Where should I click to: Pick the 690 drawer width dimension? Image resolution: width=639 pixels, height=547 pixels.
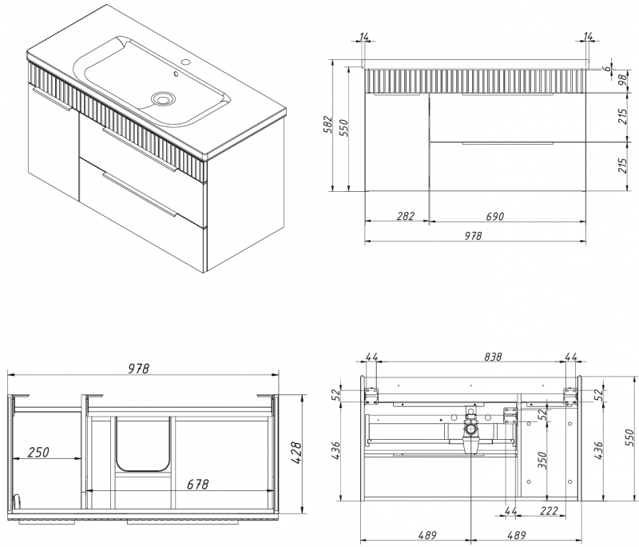pyautogui.click(x=494, y=217)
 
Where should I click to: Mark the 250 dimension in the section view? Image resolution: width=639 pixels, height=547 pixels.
pyautogui.click(x=38, y=452)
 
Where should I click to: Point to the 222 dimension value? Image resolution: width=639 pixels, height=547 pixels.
pyautogui.click(x=548, y=511)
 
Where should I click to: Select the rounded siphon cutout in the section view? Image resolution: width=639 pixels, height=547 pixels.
pyautogui.click(x=144, y=444)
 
